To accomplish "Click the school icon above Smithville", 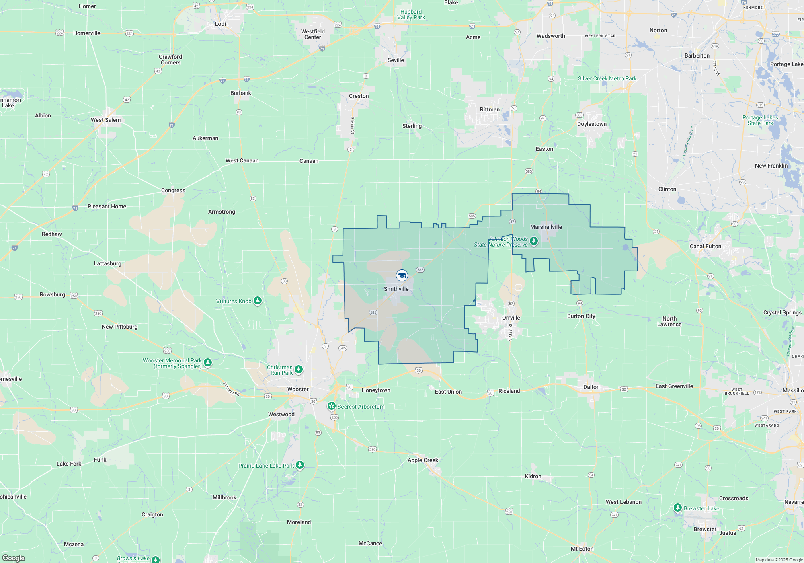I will coord(402,275).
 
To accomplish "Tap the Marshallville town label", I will coord(546,227).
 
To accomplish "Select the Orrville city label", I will coord(511,318).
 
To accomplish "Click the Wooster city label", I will coord(298,389).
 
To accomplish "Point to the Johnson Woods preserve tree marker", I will coord(534,241).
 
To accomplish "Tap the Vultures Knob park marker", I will coord(258,300).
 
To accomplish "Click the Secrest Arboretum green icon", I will coord(332,406).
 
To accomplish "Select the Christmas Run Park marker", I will coord(298,369).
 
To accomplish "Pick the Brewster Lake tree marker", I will coord(678,508).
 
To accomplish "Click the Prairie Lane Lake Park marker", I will coord(299,465).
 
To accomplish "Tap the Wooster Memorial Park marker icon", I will coord(207,362).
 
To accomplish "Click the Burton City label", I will coord(581,316).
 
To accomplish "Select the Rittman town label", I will coord(490,109).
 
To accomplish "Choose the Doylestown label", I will coord(592,124).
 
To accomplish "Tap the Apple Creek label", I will coord(423,460).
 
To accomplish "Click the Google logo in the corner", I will coord(14,558).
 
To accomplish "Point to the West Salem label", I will coord(105,120).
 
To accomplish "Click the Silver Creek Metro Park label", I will coord(607,78).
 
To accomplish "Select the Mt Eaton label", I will coord(582,549).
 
